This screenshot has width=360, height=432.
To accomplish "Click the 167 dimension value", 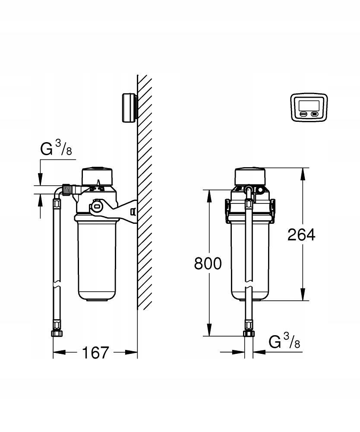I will (95, 353).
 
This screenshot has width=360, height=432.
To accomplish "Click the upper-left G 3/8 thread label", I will (56, 149).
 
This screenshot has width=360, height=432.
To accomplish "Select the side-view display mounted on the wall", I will (129, 108).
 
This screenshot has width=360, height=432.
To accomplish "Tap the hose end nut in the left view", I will (56, 334).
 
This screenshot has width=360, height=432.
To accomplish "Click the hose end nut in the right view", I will (249, 334).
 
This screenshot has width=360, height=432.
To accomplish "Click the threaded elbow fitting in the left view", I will (68, 189).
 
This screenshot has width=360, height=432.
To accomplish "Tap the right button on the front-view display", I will (314, 114).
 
